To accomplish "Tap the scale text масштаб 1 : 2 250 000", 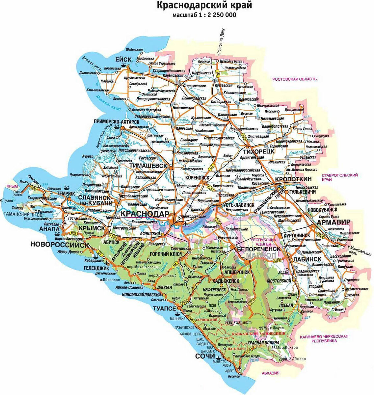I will click(204, 15).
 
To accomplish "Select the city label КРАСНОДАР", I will click(145, 214).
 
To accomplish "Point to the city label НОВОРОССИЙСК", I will click(59, 245).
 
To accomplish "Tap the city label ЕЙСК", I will click(123, 59).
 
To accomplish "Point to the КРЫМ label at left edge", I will click(12, 186).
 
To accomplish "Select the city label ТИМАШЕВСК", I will click(148, 165).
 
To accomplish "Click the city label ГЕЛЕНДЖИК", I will click(89, 268).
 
